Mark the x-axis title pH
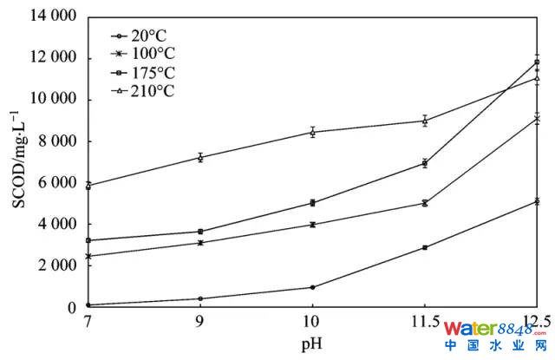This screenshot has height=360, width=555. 312,344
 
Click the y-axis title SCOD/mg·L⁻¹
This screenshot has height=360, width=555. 17,161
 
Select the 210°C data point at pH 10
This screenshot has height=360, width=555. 312,132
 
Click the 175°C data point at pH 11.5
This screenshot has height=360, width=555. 425,163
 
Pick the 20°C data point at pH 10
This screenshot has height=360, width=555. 312,287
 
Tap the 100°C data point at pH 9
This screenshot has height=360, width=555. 200,243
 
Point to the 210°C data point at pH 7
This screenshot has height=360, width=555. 88,186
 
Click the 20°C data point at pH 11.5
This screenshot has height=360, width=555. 425,247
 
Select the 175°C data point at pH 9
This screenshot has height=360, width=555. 200,232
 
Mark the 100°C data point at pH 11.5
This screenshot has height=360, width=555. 425,203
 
